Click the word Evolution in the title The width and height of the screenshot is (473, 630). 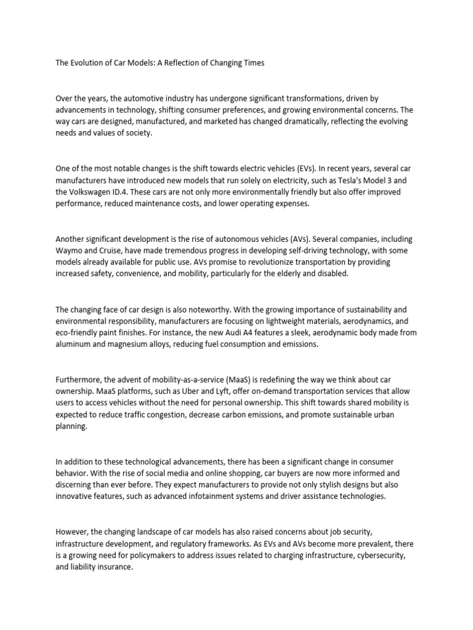[x=87, y=63]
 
